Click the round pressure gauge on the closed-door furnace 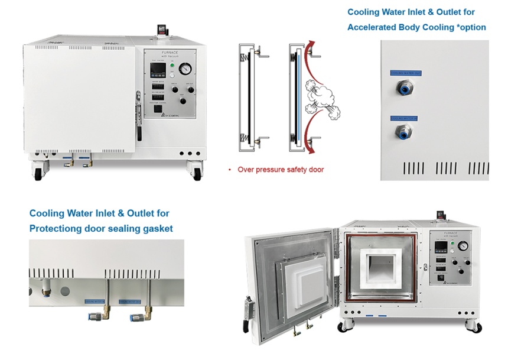tap(186, 69)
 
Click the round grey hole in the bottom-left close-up tap(65, 291)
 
